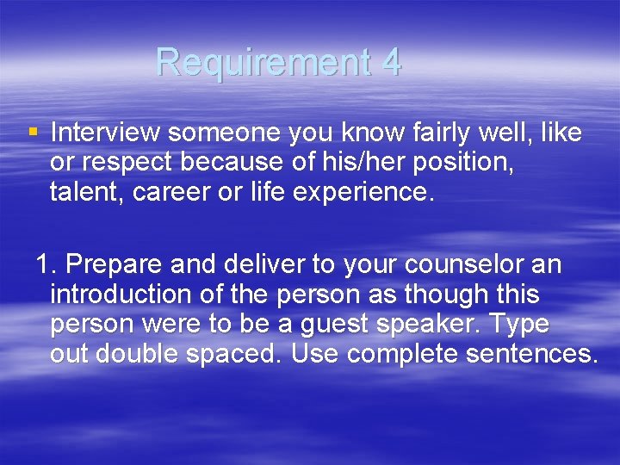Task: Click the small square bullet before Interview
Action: [33, 133]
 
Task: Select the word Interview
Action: [105, 133]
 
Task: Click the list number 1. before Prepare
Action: [46, 264]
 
